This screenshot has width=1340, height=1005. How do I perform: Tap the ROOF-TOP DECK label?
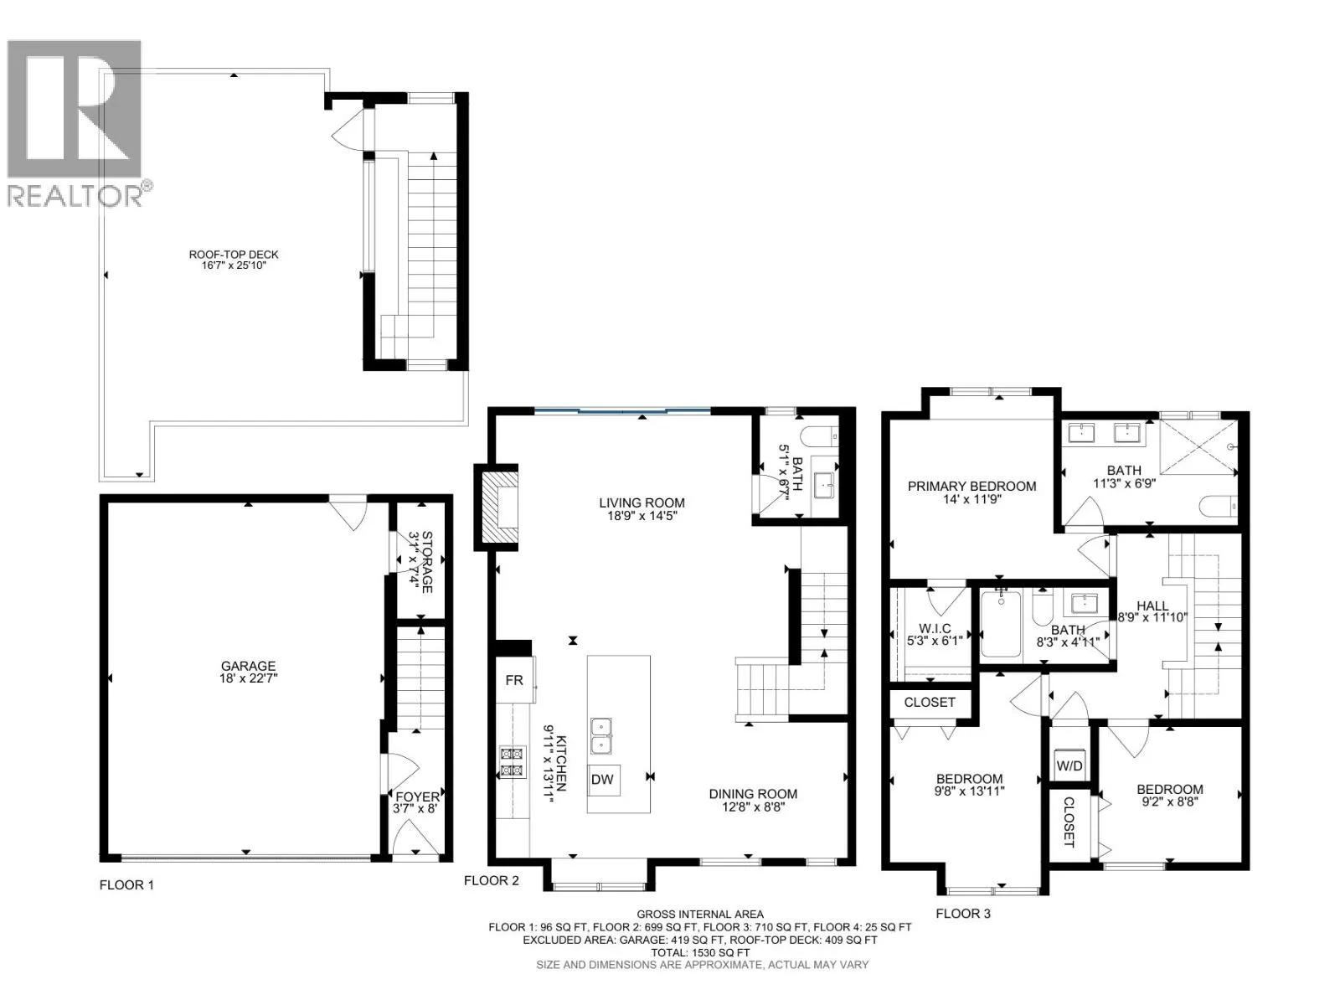pyautogui.click(x=234, y=255)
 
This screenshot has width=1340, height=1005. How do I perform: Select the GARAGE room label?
pyautogui.click(x=249, y=667)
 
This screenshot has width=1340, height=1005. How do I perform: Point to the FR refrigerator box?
pyautogui.click(x=515, y=680)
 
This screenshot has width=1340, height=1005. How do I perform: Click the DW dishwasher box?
pyautogui.click(x=603, y=780)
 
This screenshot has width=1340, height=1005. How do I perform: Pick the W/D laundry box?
pyautogui.click(x=1069, y=765)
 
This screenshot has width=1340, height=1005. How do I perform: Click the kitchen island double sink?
pyautogui.click(x=601, y=736)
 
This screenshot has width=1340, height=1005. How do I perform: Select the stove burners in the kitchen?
pyautogui.click(x=513, y=762)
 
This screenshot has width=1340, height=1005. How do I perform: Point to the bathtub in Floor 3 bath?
pyautogui.click(x=1001, y=624)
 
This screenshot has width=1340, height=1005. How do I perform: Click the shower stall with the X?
pyautogui.click(x=1198, y=446)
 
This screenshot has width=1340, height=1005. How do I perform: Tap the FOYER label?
pyautogui.click(x=417, y=797)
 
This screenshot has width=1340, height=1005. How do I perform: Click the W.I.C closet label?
pyautogui.click(x=935, y=628)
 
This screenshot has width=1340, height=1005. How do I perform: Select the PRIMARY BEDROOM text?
pyautogui.click(x=971, y=487)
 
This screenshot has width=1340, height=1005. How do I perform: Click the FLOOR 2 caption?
pyautogui.click(x=491, y=880)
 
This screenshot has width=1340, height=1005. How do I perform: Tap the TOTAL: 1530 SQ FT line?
pyautogui.click(x=699, y=952)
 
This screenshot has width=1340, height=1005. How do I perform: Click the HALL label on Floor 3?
pyautogui.click(x=1152, y=606)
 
